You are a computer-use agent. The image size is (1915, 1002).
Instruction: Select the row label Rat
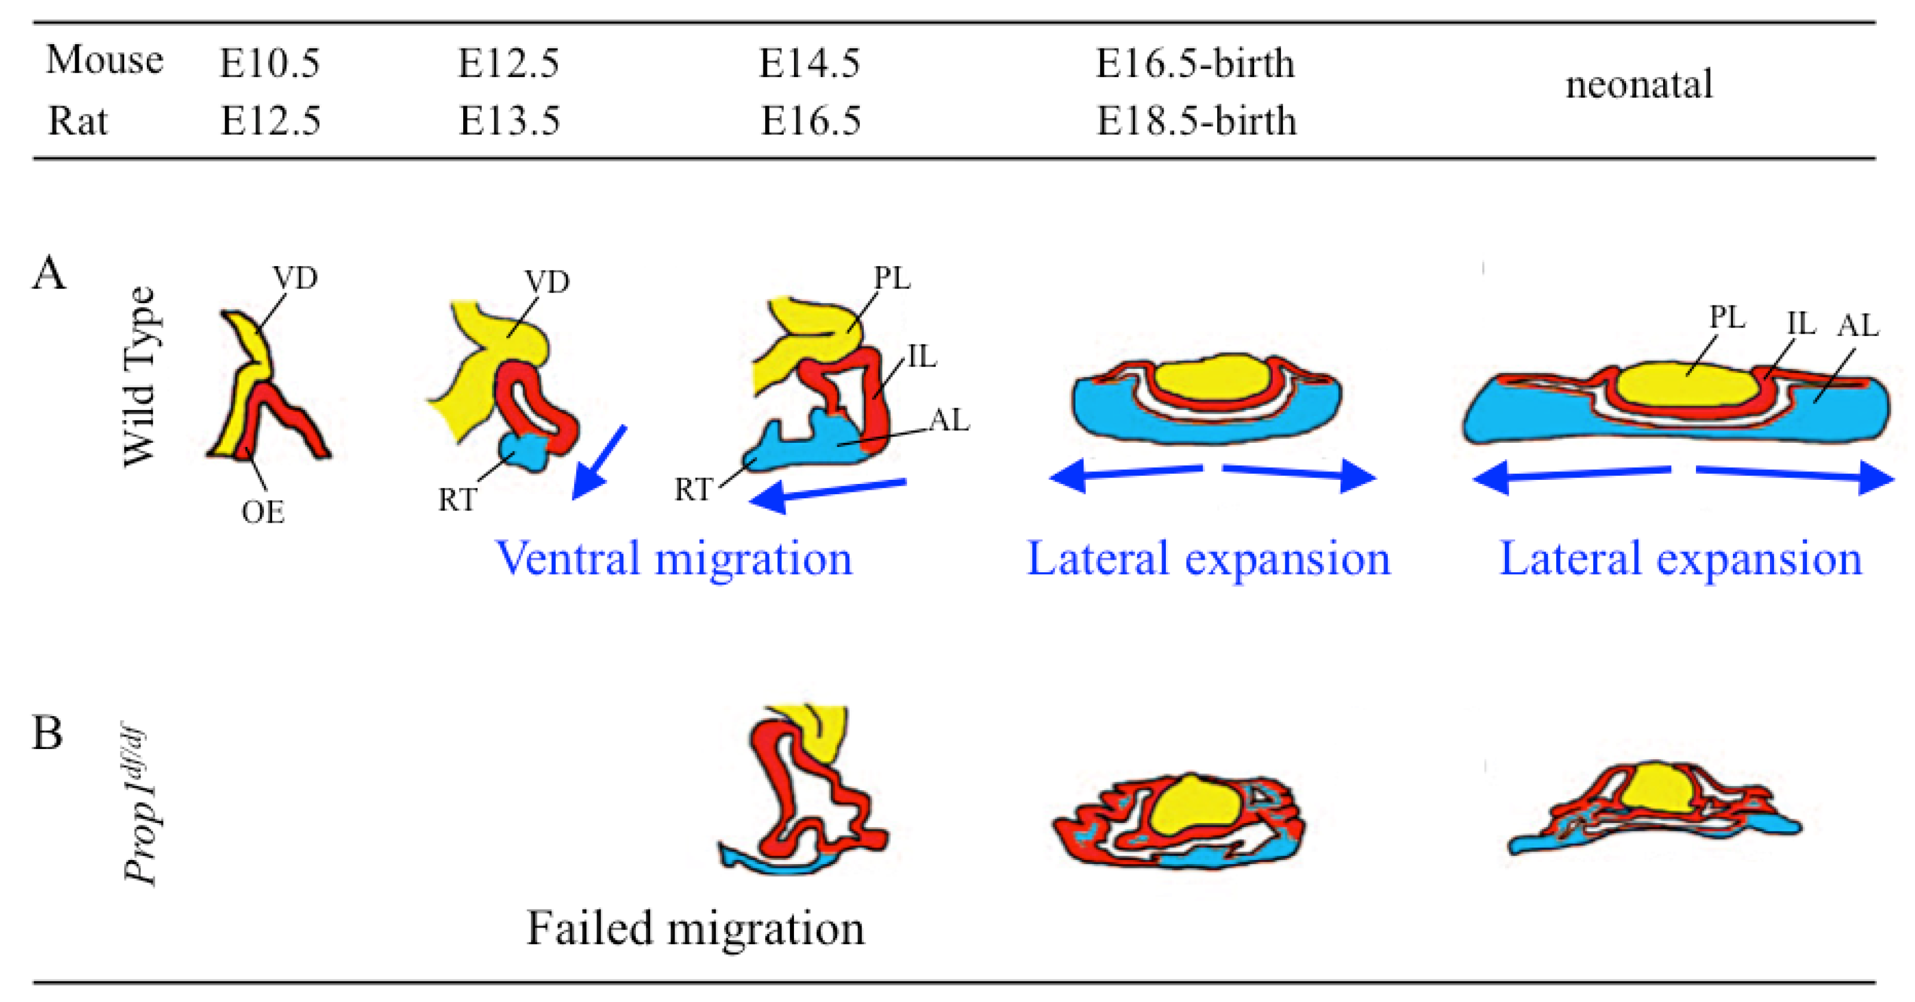78,121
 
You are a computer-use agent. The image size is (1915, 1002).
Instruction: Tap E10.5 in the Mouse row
270,63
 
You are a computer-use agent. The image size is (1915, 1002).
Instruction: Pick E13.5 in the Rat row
509,121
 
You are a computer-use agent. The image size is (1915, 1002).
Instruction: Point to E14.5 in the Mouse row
809,63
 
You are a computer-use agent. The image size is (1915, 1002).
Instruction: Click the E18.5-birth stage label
1196,121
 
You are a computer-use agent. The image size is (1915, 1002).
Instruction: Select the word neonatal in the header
1639,84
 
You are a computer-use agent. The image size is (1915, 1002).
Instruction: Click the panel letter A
49,273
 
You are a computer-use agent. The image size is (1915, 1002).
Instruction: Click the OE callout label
263,512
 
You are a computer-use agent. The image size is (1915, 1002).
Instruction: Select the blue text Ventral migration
673,559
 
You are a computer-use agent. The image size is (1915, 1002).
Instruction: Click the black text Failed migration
696,929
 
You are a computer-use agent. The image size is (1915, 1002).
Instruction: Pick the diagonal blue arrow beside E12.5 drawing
599,463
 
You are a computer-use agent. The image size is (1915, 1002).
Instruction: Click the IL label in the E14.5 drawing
921,357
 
